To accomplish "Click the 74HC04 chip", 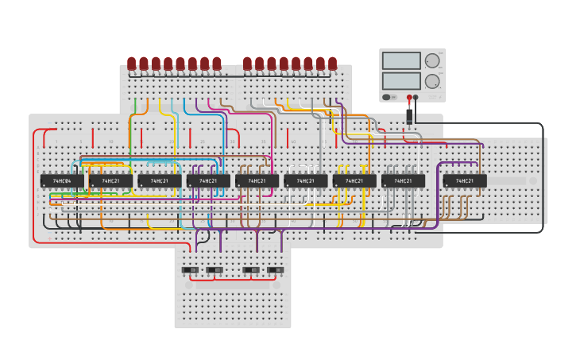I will tap(62, 181).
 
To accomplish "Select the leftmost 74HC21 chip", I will tap(110, 181).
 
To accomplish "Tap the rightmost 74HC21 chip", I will tap(465, 181).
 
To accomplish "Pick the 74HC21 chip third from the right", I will tap(354, 181).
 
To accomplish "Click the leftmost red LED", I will tap(132, 63).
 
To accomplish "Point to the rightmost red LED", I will tap(332, 63).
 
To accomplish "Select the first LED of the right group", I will tap(247, 63).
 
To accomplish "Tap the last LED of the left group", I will tap(217, 63).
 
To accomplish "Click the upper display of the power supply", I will tap(401, 60).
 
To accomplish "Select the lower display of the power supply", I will tap(401, 81).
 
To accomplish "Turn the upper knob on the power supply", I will tap(432, 60).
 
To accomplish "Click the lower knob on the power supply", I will tap(432, 81).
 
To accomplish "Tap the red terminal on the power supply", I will tap(409, 98).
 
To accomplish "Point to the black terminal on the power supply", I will tap(416, 98).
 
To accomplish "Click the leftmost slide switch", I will tap(190, 270).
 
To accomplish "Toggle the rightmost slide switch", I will tap(275, 270).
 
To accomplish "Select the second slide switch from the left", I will tap(215, 270).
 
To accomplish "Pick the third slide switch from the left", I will tap(250, 270).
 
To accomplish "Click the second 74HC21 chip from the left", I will tap(159, 181).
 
